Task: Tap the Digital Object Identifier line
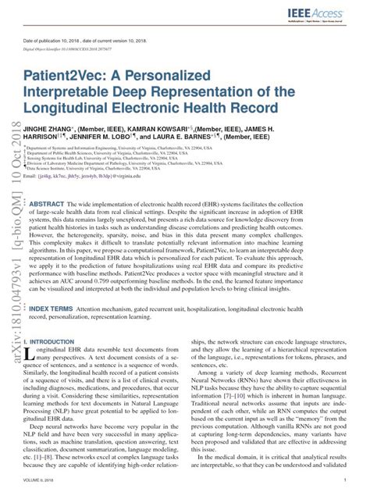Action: [x=78, y=48]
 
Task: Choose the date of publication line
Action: [x=87, y=39]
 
